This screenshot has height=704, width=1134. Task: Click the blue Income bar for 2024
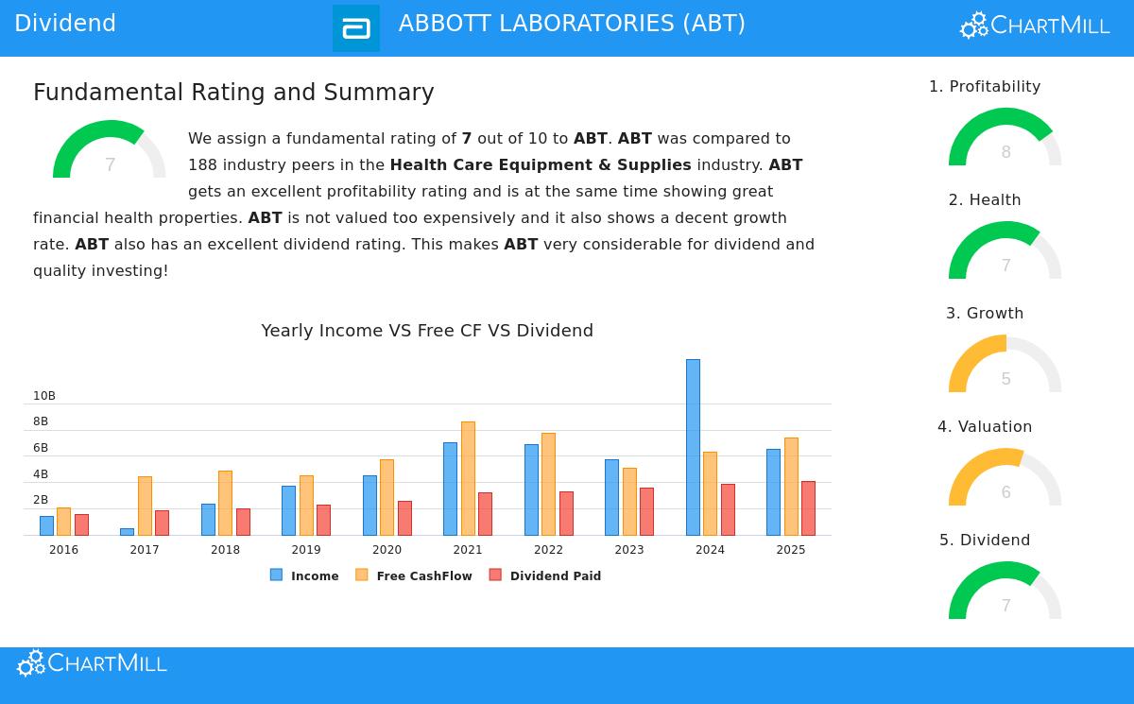click(693, 447)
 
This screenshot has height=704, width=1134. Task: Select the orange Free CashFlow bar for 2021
click(468, 478)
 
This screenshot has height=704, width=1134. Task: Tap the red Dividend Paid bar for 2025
click(808, 508)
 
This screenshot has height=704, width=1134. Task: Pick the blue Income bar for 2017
click(127, 532)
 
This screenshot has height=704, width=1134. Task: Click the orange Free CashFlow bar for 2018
click(225, 503)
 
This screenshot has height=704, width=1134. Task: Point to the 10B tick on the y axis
click(44, 396)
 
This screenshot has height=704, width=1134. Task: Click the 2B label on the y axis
click(41, 500)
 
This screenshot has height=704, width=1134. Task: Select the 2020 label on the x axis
click(387, 550)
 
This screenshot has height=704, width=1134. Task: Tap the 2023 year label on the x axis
click(628, 550)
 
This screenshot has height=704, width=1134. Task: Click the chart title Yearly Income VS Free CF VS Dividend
click(427, 331)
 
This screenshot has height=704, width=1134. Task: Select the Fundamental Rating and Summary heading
click(233, 93)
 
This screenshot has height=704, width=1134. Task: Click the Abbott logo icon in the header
click(356, 28)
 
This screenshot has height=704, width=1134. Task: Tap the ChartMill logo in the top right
click(1035, 26)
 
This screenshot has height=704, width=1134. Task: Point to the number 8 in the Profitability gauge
click(1005, 152)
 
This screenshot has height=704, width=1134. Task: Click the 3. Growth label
click(985, 314)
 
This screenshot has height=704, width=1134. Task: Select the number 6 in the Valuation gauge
click(1005, 492)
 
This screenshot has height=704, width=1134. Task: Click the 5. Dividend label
click(985, 541)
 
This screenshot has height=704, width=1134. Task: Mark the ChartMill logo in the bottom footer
click(92, 663)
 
